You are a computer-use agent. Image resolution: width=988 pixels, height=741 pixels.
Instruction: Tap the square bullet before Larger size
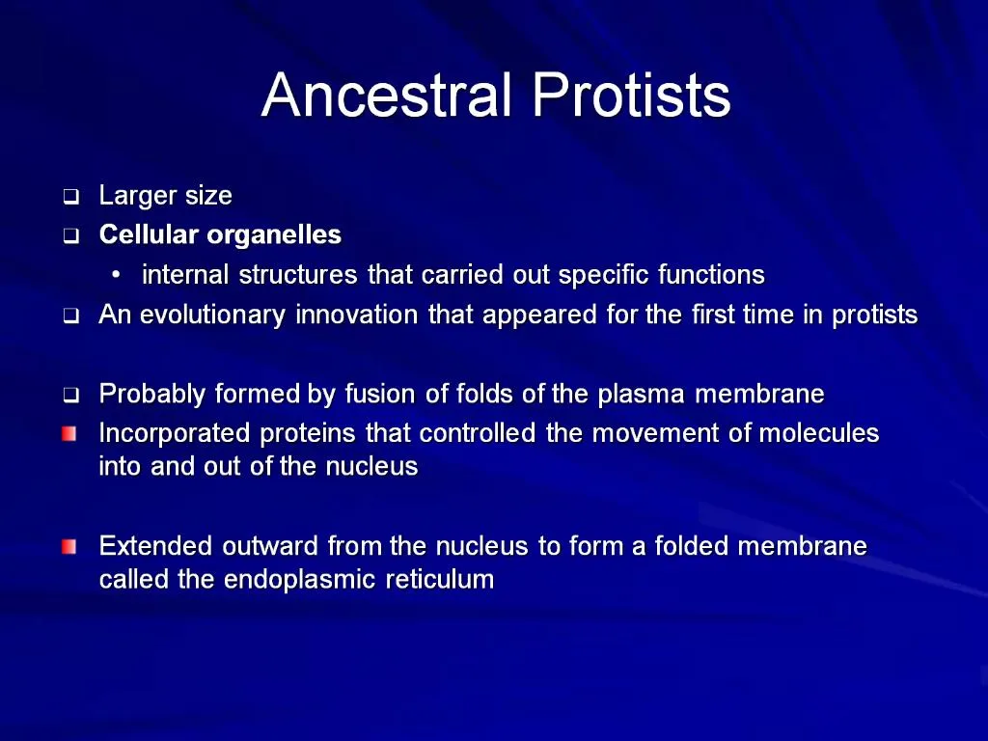point(70,198)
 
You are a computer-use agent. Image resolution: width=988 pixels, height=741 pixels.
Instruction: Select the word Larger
point(137,197)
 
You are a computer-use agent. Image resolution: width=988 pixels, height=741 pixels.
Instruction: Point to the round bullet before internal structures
point(116,276)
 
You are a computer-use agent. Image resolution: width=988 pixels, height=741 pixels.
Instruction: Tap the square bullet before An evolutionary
point(70,316)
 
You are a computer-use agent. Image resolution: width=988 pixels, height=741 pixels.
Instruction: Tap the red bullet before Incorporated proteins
point(69,434)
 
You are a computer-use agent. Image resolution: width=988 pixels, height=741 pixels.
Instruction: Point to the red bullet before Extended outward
point(69,547)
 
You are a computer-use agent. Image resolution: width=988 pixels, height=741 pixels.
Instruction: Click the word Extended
point(156,547)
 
